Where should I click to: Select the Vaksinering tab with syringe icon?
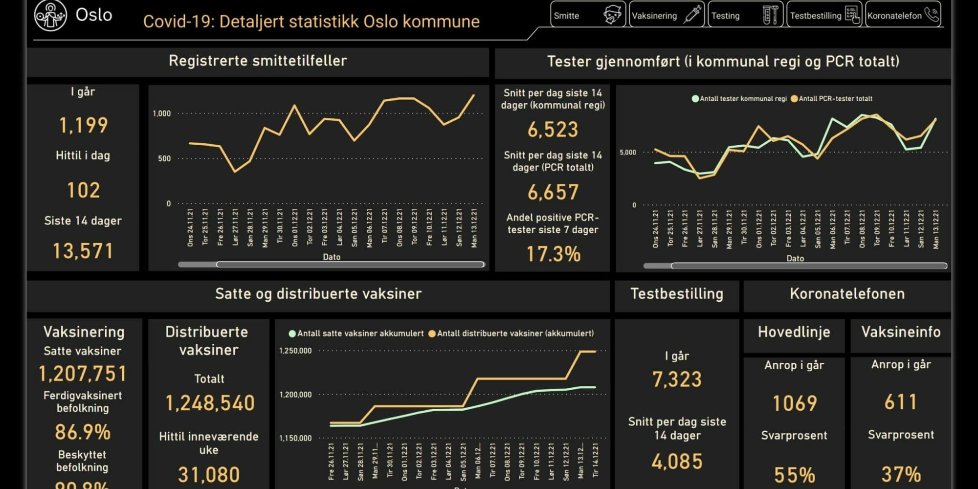tap(666, 15)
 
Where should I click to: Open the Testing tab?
tap(745, 15)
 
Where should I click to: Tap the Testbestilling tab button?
tap(824, 15)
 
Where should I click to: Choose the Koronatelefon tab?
tap(903, 15)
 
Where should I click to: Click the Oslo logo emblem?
tap(50, 15)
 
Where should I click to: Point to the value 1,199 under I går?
tap(83, 125)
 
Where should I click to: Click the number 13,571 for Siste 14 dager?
tap(83, 251)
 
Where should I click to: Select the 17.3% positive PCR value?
tap(553, 254)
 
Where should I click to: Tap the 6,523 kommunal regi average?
tap(553, 130)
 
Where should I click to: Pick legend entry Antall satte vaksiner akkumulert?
tap(360, 333)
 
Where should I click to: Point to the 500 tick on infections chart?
tap(164, 158)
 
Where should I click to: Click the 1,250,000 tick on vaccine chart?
tap(295, 351)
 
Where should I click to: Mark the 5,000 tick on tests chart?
tap(628, 153)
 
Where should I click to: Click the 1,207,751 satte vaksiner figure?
tap(83, 374)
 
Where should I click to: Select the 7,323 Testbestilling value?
tap(677, 379)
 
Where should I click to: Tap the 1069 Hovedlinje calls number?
tap(794, 403)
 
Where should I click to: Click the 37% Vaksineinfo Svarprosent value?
tap(901, 474)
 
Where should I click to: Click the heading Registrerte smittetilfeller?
tap(258, 61)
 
